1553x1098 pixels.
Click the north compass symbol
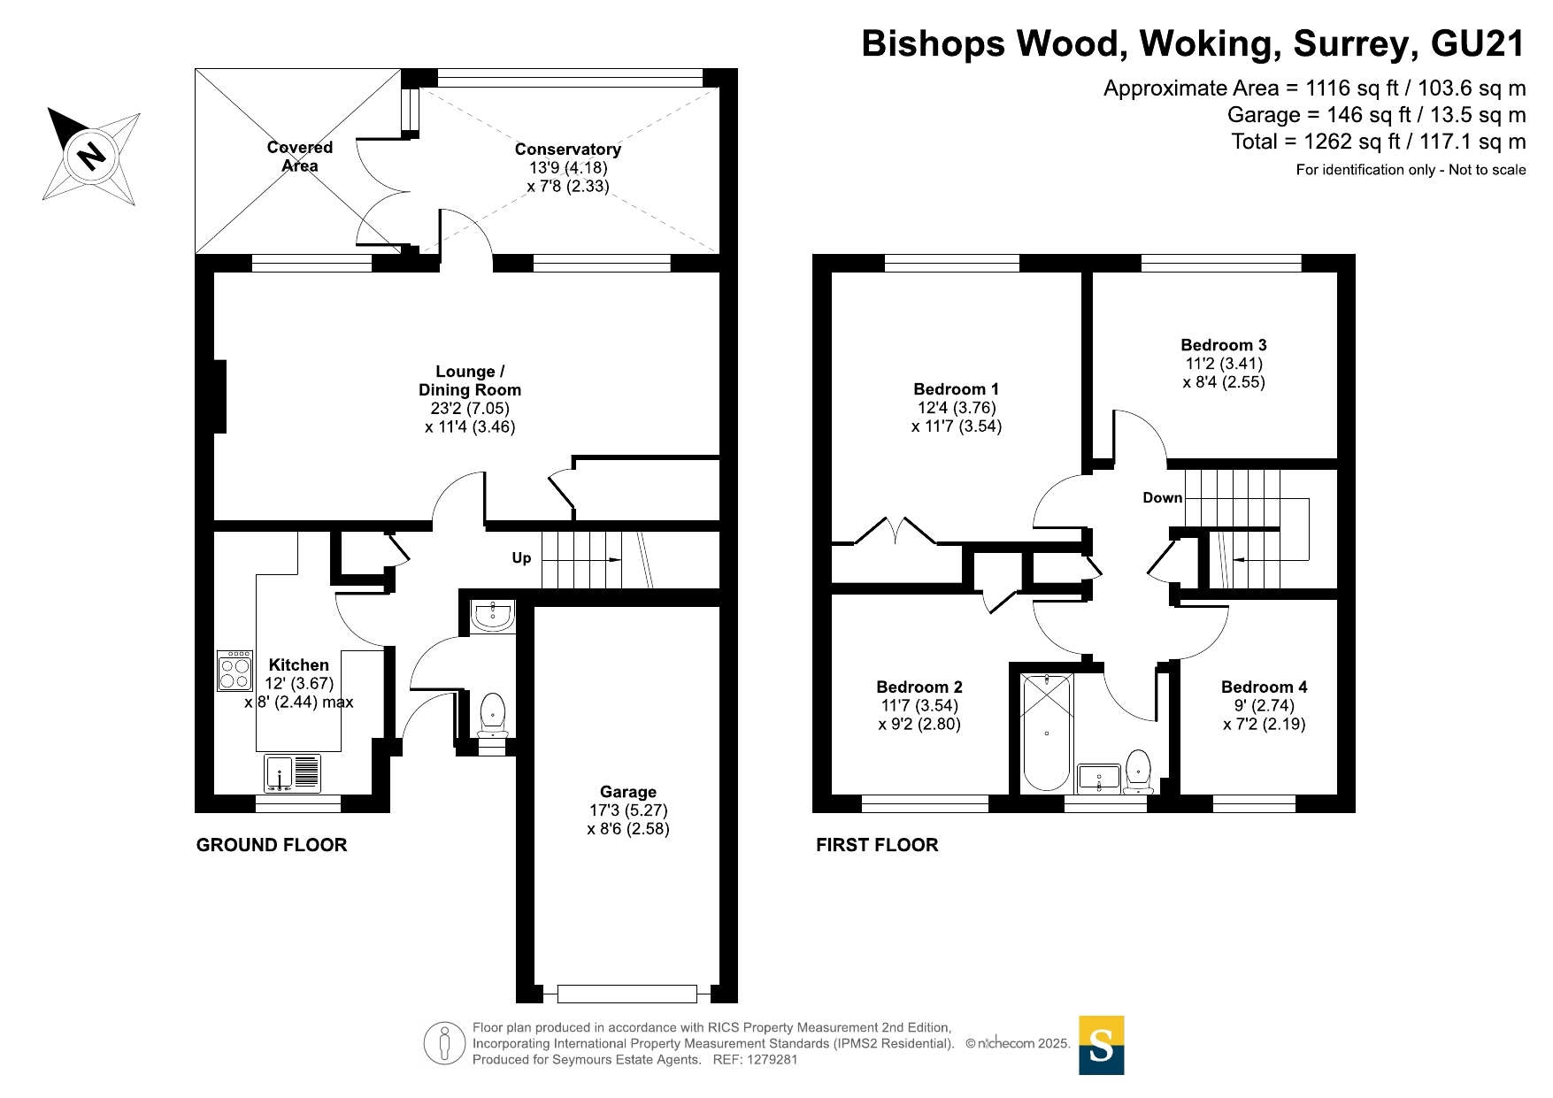tap(92, 156)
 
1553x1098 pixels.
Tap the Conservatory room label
tap(567, 150)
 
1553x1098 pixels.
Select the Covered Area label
tap(300, 157)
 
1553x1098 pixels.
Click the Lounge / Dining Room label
tap(470, 380)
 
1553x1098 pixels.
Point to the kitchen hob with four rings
tap(234, 672)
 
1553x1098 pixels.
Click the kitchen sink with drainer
tap(292, 773)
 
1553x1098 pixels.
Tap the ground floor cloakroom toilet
tap(492, 715)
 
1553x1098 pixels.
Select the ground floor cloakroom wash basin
tap(492, 616)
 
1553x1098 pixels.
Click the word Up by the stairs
tap(521, 557)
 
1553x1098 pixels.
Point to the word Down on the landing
tap(1162, 497)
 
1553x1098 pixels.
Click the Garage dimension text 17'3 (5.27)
tap(628, 810)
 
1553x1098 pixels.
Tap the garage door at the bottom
tap(627, 994)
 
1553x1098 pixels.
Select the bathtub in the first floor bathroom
tap(1046, 732)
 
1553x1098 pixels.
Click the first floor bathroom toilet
tap(1138, 772)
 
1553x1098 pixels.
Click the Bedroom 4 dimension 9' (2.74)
tap(1265, 705)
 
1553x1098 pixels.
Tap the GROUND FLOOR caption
tap(272, 845)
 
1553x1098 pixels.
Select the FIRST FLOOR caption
tap(877, 845)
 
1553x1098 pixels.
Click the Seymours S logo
tap(1102, 1045)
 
